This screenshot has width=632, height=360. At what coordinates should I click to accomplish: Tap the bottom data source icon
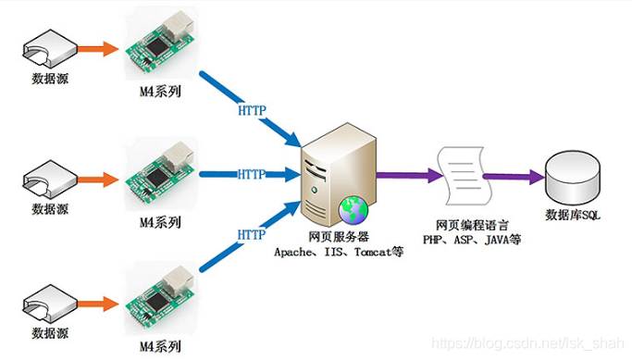pos(45,302)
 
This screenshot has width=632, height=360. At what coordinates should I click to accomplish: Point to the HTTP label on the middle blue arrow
pos(252,174)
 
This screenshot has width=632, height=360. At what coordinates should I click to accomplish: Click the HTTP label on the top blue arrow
pos(252,110)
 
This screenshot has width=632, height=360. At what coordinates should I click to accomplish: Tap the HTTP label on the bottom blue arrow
pos(252,235)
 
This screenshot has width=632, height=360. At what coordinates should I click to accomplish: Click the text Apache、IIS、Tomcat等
pos(338,251)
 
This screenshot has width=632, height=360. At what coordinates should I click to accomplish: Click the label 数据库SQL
pos(572,216)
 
